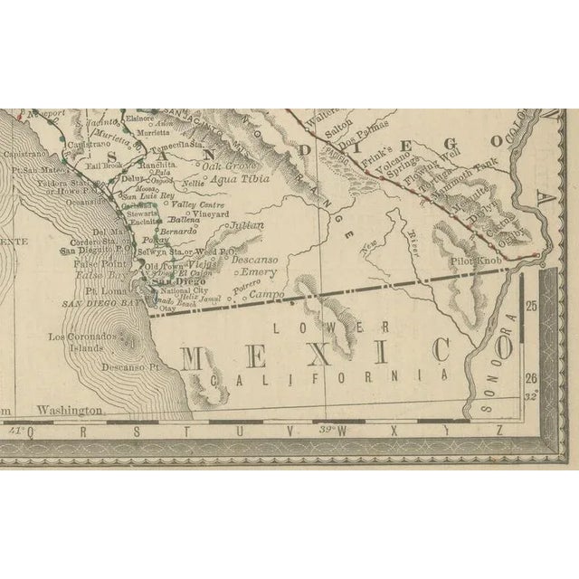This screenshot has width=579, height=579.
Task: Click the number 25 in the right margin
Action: tap(531, 307)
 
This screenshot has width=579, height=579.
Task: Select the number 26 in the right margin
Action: tap(531, 377)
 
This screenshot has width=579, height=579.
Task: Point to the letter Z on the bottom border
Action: tap(498, 432)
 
